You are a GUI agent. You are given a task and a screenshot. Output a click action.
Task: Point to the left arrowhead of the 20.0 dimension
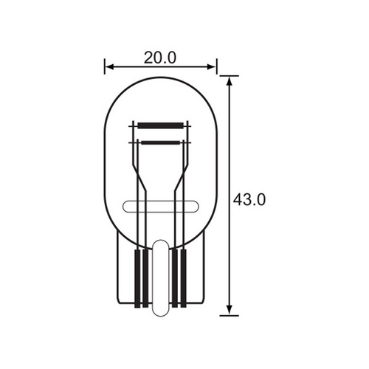[108, 68]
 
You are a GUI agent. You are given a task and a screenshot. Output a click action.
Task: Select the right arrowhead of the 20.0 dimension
[213, 68]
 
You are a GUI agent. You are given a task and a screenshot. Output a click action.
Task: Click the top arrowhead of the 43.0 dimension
[230, 80]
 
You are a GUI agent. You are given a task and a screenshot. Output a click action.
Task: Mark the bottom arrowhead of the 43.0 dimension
[230, 311]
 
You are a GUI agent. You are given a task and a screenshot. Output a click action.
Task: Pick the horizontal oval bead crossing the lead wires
[159, 207]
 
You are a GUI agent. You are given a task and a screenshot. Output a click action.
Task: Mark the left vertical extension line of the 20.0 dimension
[104, 66]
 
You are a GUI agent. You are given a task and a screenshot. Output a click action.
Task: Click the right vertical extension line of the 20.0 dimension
[216, 66]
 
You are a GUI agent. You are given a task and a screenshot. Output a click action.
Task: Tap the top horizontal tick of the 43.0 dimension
[230, 75]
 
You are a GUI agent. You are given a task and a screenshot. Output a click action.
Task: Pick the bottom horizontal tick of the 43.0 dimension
[230, 315]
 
